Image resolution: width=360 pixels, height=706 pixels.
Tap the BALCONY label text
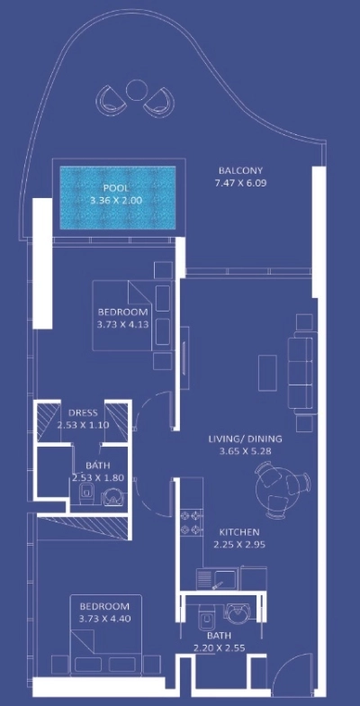coord(240,170)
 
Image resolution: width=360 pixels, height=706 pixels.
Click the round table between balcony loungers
coord(137,90)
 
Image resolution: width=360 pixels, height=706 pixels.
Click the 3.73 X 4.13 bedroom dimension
coord(122,326)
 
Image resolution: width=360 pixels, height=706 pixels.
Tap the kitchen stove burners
coord(189,522)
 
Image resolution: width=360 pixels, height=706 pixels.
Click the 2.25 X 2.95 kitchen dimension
coord(239,544)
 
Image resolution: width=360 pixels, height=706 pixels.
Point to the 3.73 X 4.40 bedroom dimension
coord(105,618)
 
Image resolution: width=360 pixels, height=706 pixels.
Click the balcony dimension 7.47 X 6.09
coord(240,183)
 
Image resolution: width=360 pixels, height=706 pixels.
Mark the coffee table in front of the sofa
coord(265,369)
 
